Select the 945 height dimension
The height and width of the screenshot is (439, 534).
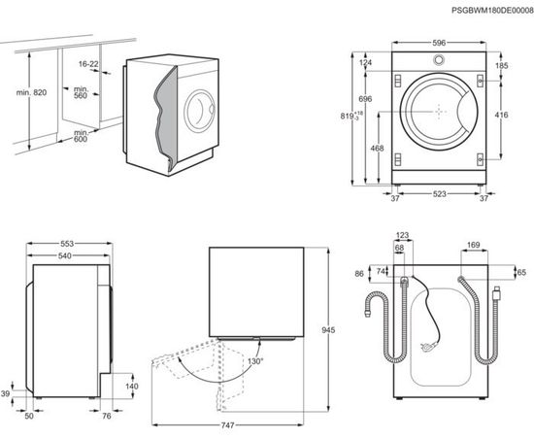click(x=329, y=332)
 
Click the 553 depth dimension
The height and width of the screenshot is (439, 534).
click(x=66, y=241)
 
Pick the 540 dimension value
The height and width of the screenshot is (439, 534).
click(x=66, y=255)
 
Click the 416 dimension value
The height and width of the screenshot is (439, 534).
click(x=502, y=116)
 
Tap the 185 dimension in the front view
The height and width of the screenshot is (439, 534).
click(x=502, y=66)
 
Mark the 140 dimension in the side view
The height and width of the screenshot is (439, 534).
click(x=132, y=386)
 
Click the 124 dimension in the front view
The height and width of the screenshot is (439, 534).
click(x=365, y=64)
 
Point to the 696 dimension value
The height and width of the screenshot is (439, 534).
click(x=365, y=100)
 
